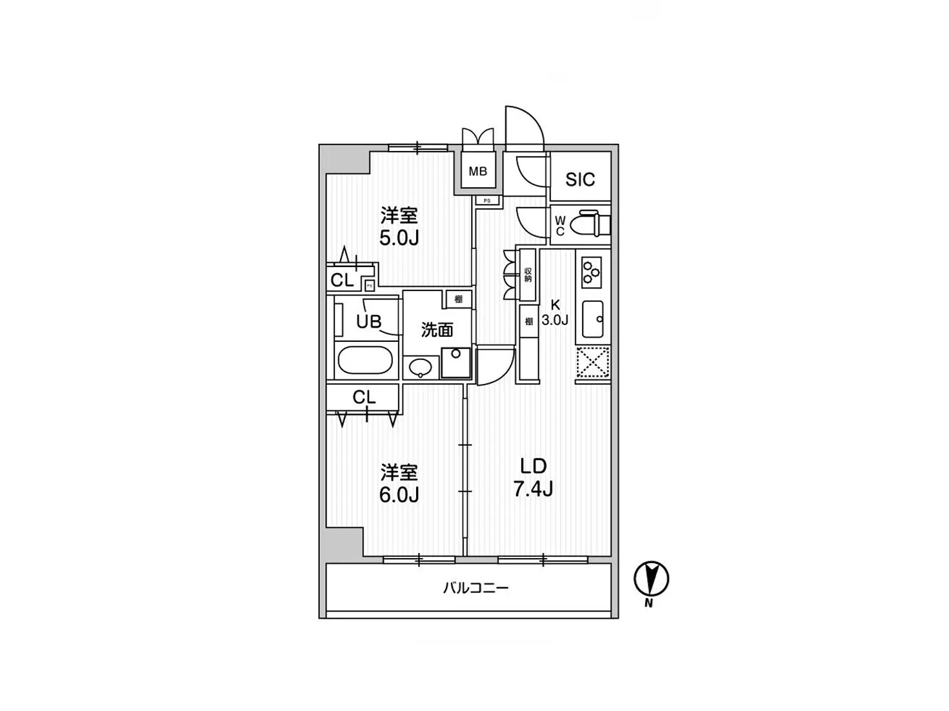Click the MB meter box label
[x=477, y=172]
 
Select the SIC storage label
[x=579, y=179]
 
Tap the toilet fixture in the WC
[x=592, y=223]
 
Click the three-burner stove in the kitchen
[x=591, y=272]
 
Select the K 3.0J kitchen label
[x=554, y=312]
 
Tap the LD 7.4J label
[x=533, y=477]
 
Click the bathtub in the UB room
[x=365, y=361]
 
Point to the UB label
[x=368, y=321]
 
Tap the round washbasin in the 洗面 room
[x=420, y=368]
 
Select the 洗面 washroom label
[x=437, y=330]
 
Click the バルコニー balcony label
[x=475, y=588]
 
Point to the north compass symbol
[x=651, y=579]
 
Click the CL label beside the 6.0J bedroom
[x=364, y=397]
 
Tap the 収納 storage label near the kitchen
[x=528, y=275]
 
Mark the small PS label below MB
[x=487, y=201]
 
